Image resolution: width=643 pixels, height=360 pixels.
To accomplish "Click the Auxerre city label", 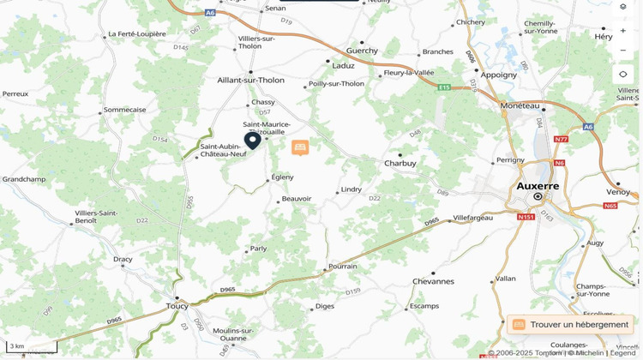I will point(538,185).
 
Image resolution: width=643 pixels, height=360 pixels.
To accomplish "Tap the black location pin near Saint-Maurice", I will point(252,141).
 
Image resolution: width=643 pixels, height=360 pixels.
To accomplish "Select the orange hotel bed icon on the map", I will point(300,147).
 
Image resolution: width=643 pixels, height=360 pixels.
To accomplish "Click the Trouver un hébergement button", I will point(570,325).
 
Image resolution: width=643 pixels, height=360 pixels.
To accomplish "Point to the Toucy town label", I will point(177,305).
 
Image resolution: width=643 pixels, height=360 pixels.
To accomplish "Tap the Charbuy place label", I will point(400,163).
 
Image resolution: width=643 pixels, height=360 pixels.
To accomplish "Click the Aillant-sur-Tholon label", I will point(250,80).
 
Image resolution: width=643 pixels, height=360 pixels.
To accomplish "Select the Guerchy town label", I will point(362,51).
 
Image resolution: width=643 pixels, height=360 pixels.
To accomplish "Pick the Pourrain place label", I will point(343,266).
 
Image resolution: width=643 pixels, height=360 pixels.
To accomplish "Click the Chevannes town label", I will point(433,281).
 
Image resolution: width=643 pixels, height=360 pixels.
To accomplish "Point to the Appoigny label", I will point(499,75).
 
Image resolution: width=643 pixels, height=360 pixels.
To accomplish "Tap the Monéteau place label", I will point(520,105).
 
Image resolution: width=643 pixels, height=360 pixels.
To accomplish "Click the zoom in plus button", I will point(623,31).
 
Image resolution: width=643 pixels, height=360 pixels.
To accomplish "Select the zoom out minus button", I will point(623,51).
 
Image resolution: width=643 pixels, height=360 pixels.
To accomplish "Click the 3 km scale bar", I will point(31,347).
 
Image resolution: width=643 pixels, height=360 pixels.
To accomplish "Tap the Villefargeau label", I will point(473,218).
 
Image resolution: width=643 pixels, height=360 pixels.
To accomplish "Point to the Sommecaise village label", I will point(125,110).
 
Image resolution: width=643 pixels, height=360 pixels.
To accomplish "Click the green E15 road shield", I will point(443,87).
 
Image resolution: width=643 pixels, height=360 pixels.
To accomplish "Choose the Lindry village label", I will point(352,189).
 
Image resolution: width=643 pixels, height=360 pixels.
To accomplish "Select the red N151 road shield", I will point(526,217).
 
